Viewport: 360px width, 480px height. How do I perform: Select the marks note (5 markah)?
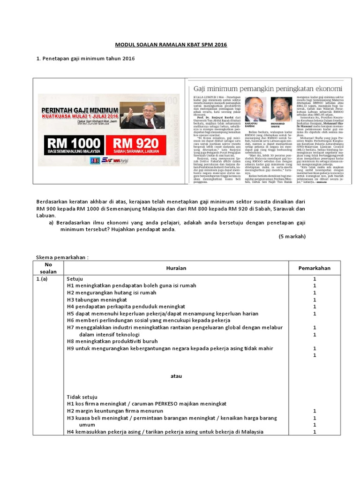coord(292,236)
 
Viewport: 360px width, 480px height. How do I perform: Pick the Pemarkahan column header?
coord(315,268)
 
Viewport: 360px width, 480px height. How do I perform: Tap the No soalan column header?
coord(48,268)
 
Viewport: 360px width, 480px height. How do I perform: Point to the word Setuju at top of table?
coord(75,278)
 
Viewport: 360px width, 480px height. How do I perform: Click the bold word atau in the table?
coord(176,376)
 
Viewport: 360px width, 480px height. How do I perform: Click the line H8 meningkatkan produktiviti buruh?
coord(113,341)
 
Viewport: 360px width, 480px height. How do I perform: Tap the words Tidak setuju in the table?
coord(82,396)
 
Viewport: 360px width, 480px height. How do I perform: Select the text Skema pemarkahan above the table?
coord(62,257)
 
